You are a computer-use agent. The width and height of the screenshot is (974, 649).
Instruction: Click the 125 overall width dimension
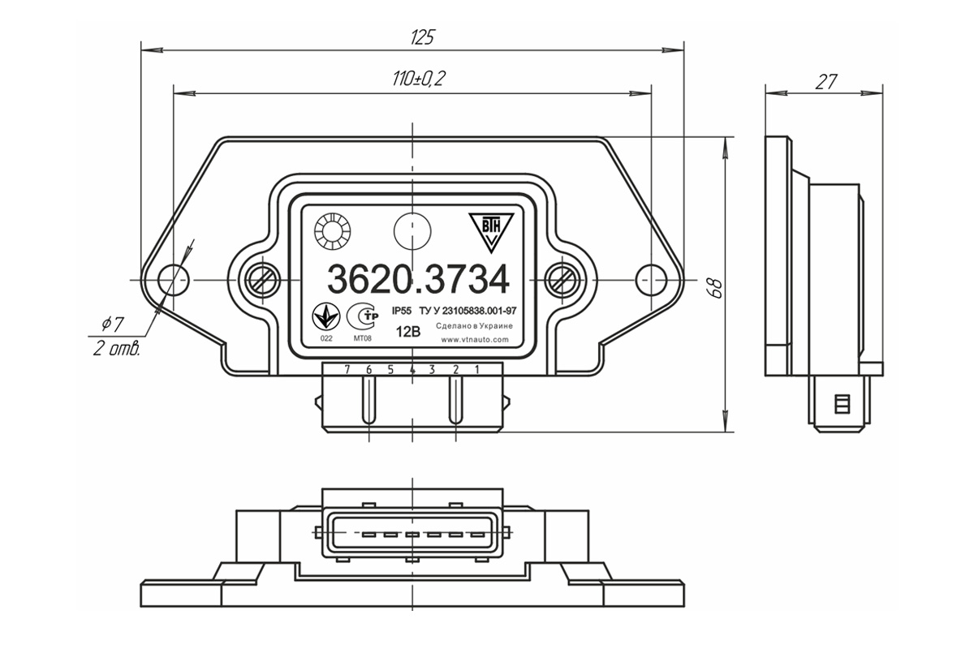[422, 38]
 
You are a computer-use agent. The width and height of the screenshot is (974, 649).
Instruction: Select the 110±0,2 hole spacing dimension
[419, 79]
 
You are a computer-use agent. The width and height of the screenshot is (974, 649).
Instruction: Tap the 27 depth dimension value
[825, 82]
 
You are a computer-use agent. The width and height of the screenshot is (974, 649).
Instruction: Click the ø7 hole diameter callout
[113, 324]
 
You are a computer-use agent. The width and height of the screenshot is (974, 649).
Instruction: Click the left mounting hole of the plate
[174, 280]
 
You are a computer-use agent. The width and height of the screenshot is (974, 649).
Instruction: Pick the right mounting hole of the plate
[651, 280]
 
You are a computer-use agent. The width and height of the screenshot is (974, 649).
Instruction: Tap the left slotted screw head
[262, 280]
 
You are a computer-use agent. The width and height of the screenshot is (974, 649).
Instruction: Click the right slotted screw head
[562, 280]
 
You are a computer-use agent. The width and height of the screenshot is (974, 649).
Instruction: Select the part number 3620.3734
[418, 280]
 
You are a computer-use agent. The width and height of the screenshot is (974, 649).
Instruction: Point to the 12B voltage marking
[408, 332]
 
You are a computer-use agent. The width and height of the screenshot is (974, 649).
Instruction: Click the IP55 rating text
[401, 312]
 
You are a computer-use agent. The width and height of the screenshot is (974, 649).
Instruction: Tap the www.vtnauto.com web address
[475, 340]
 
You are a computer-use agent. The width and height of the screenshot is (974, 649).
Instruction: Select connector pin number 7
[347, 369]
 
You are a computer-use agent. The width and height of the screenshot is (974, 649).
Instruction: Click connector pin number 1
[477, 369]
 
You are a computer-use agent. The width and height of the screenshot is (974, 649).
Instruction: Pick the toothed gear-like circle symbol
[333, 232]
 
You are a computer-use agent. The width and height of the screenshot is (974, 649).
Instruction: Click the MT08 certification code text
[363, 338]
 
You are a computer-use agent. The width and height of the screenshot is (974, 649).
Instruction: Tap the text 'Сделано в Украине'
[474, 326]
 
